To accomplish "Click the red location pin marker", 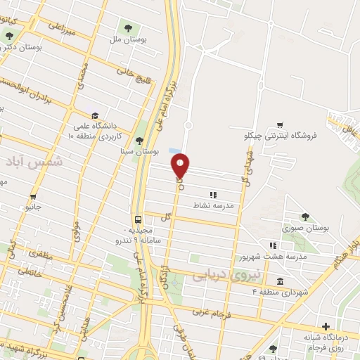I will click(x=181, y=165).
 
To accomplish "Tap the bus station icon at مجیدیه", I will click(x=138, y=217).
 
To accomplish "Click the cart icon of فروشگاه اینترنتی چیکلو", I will click(x=281, y=124).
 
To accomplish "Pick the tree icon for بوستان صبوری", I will click(x=305, y=217).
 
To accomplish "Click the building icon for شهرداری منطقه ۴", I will click(x=280, y=282).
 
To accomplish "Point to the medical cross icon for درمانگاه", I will click(x=326, y=326).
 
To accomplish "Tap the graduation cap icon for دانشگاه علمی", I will click(x=94, y=115).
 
